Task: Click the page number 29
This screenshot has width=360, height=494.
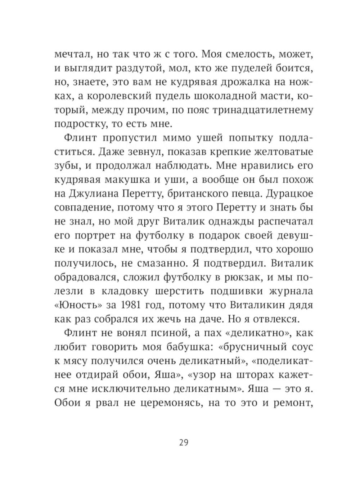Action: click(183, 442)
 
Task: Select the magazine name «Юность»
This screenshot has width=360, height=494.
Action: click(78, 305)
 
